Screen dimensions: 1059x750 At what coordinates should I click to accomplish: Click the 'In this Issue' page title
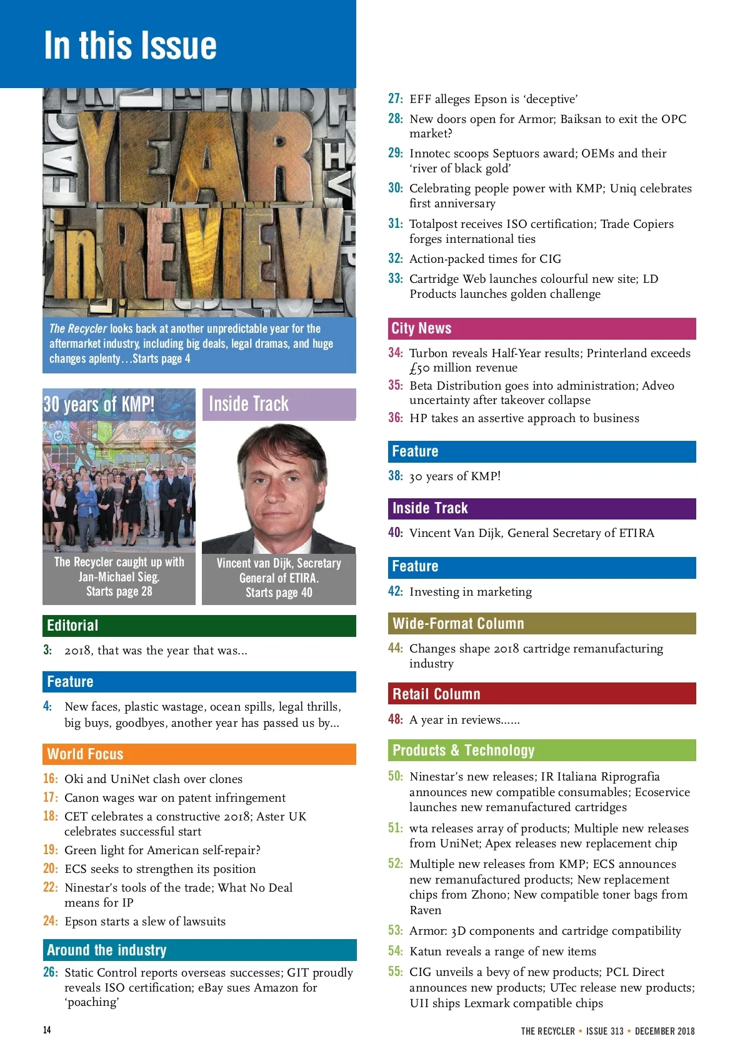tap(131, 46)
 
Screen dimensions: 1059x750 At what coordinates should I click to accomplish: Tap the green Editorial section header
tap(199, 626)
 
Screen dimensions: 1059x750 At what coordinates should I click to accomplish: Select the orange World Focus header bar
tap(199, 754)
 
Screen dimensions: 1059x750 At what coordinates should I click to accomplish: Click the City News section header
tap(541, 328)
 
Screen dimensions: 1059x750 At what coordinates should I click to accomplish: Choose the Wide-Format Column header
tap(541, 624)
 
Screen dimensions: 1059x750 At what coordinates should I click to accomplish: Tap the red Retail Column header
tap(541, 694)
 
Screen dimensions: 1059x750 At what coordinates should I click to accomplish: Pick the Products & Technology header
tap(541, 751)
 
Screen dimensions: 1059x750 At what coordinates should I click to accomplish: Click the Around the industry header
tap(199, 950)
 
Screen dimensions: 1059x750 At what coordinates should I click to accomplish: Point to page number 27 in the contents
tap(395, 99)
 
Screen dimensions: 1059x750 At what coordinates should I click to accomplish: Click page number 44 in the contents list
tap(395, 648)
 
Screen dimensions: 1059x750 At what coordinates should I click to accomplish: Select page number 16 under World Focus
tap(50, 779)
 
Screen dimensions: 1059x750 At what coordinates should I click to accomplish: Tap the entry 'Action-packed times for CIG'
tap(485, 259)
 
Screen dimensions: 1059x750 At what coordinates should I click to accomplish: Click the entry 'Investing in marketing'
tap(471, 592)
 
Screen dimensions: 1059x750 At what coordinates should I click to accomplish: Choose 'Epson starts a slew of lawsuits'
tap(145, 922)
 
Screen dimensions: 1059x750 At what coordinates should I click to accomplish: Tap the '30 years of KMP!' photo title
tap(99, 405)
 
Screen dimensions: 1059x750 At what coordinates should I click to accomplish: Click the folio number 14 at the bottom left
tap(47, 1030)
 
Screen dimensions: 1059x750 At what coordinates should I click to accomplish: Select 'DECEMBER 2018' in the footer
tap(664, 1032)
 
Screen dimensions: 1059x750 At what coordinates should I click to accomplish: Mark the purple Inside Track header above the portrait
tap(279, 405)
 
